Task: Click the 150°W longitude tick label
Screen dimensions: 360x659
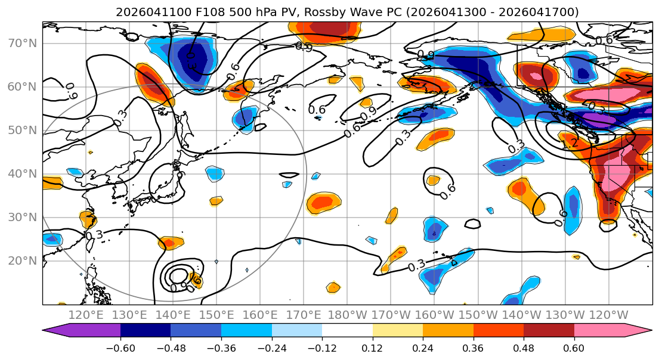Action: tap(478, 315)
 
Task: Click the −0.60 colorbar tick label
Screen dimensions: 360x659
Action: tap(120, 347)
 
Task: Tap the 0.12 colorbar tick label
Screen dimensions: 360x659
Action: tap(373, 347)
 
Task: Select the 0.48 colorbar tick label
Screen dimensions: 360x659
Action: tap(524, 347)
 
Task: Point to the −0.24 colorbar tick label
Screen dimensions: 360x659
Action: tap(271, 347)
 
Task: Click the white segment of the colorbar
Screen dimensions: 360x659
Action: tap(347, 331)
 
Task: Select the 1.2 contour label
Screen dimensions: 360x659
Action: tap(570, 143)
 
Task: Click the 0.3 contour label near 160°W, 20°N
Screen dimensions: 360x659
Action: tap(417, 265)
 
